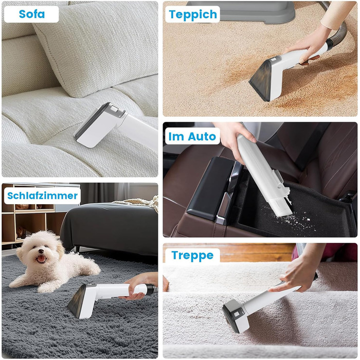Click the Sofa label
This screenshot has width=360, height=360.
click(31, 14)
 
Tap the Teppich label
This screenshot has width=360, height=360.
click(193, 14)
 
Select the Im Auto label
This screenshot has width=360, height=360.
click(192, 136)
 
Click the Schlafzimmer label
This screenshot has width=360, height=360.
click(42, 195)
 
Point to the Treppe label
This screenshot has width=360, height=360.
click(192, 255)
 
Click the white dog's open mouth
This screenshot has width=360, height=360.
click(41, 259)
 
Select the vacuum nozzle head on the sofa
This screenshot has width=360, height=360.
click(100, 124)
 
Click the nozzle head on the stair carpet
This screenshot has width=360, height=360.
click(236, 316)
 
